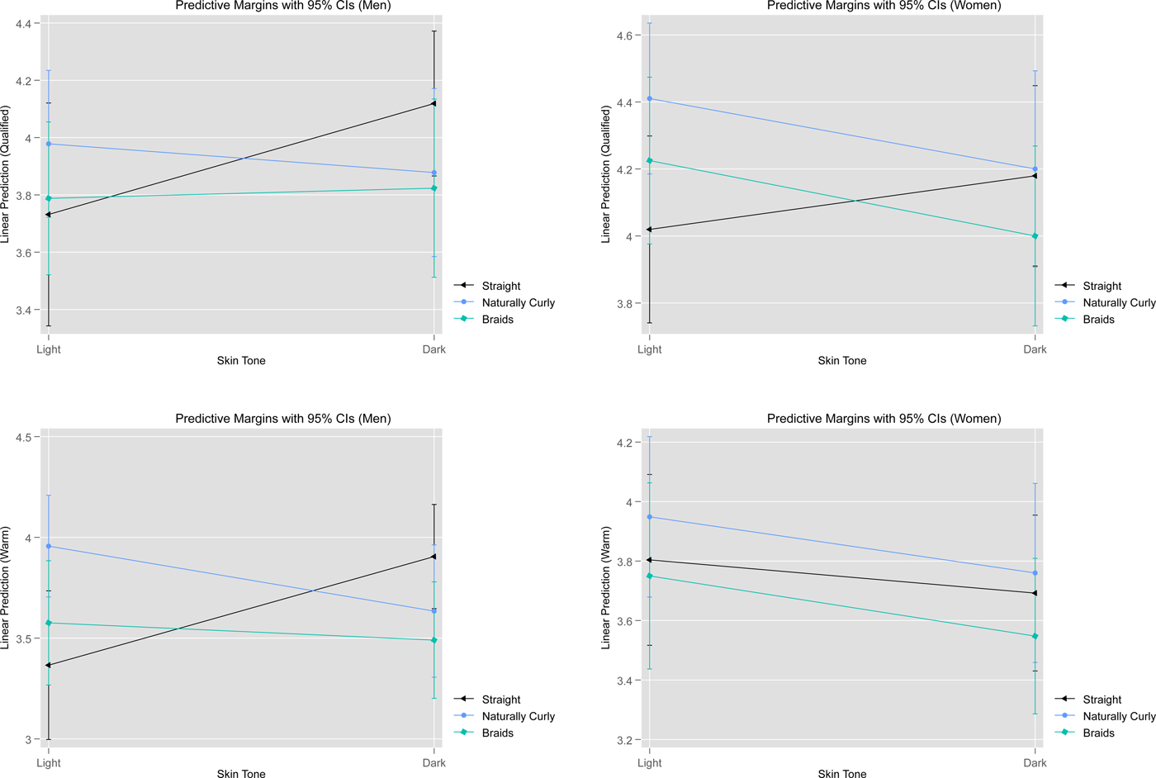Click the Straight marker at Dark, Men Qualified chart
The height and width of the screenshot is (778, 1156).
coord(433,103)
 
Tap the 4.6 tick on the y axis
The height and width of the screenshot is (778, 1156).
coord(623,36)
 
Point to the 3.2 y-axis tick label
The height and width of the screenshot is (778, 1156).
coord(623,740)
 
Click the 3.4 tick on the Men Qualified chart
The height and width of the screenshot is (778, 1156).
coord(23,311)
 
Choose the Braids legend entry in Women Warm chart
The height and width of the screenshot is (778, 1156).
coord(1098,733)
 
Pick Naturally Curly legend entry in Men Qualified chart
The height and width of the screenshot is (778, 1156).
coord(518,303)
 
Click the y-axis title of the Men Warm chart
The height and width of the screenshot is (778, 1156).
coord(6,587)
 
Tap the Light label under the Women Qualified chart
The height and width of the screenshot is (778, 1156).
coord(649,349)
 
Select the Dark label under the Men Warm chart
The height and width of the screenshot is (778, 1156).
coord(433,763)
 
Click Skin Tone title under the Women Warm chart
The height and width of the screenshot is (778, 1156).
coord(841,774)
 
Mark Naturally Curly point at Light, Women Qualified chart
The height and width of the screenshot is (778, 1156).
coord(649,99)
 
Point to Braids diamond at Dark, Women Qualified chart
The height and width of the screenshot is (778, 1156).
coord(1035,236)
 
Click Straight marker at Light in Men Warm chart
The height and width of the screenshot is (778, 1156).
coord(49,665)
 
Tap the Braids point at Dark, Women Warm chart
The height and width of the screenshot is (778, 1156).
coord(1035,636)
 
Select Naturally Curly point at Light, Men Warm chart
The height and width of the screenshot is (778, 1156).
coord(49,546)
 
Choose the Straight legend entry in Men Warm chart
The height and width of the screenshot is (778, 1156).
coord(500,700)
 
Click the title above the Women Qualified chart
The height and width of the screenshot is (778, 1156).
coord(884,6)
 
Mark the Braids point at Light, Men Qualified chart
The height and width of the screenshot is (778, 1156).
coord(49,198)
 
